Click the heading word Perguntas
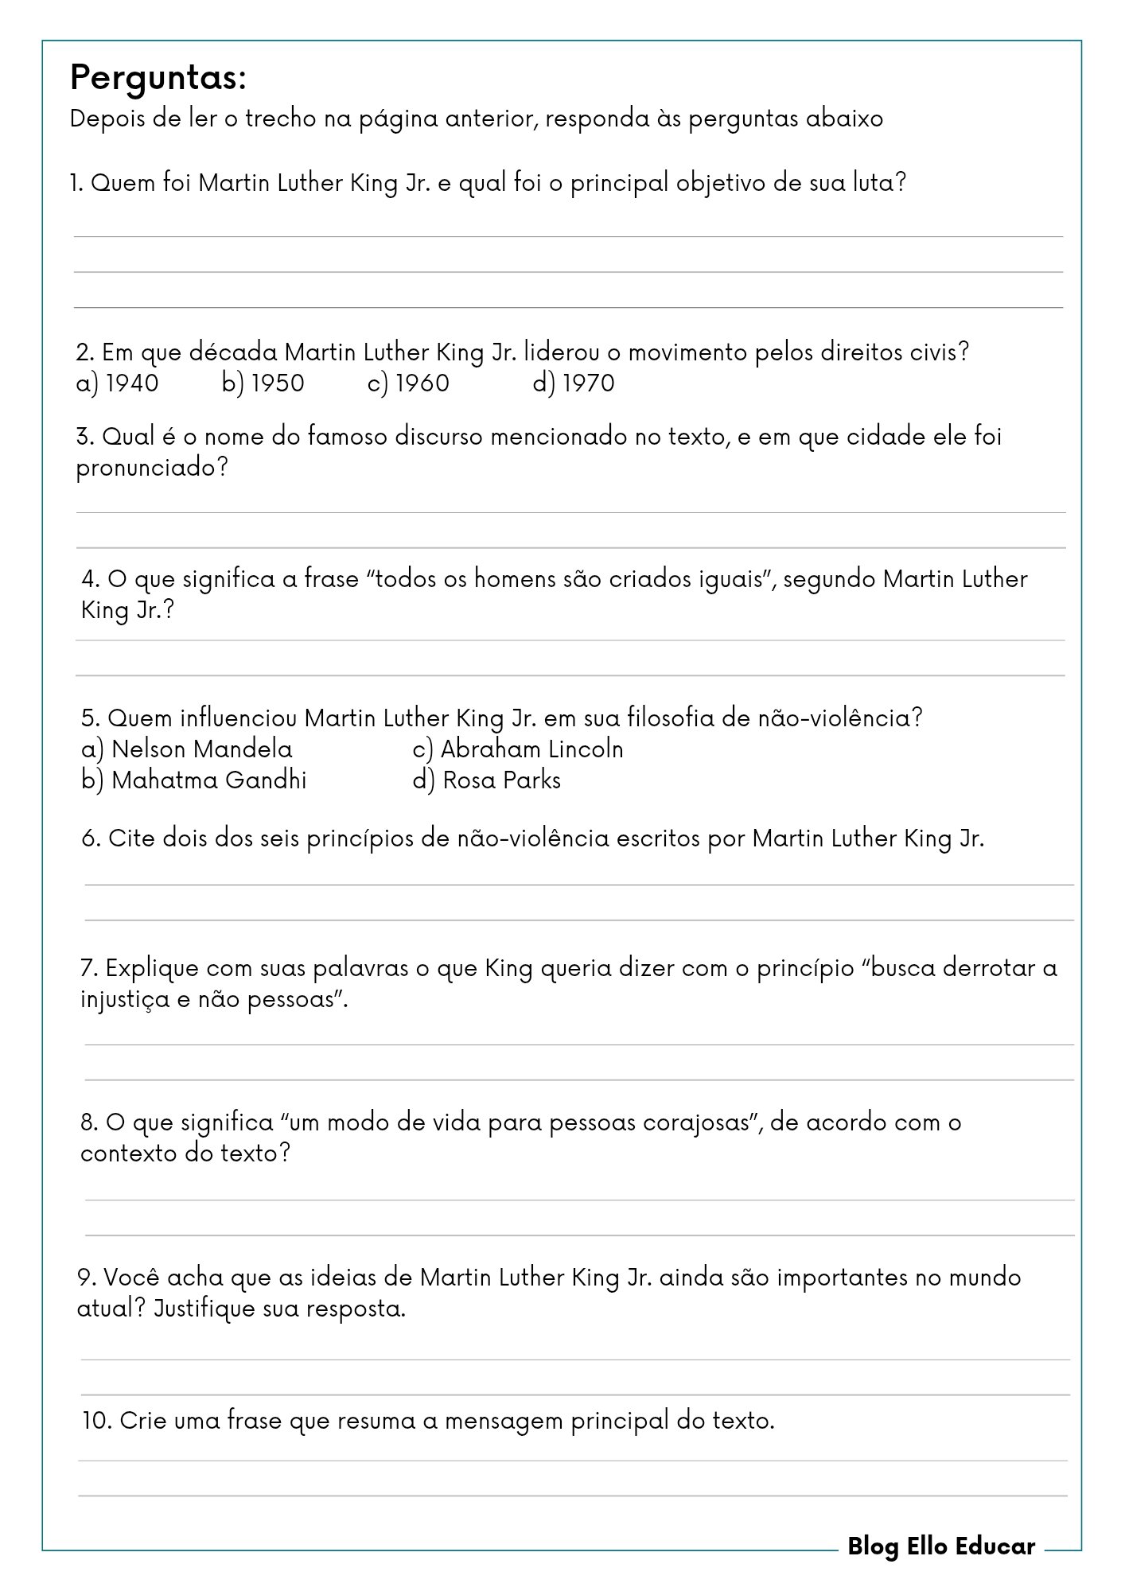[158, 79]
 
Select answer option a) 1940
[118, 383]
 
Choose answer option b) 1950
[263, 383]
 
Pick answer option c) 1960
[409, 383]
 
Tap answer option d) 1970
[574, 383]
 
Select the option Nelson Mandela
[188, 749]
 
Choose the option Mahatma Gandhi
[194, 780]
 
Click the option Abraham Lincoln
[518, 749]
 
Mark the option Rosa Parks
[487, 780]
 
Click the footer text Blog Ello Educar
[941, 1546]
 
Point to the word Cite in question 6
[131, 838]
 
